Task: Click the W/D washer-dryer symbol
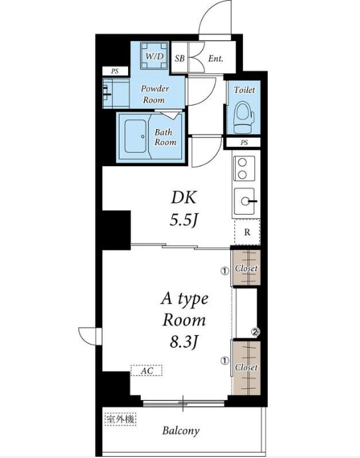click(154, 56)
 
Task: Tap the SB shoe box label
click(180, 58)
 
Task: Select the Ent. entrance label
click(215, 58)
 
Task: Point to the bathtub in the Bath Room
click(135, 136)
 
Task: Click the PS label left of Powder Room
click(115, 71)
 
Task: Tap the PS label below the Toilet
click(244, 142)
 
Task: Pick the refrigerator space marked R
click(247, 232)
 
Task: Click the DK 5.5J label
click(183, 209)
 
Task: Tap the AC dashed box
click(146, 371)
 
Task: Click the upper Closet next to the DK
click(246, 268)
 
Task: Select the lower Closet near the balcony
click(246, 368)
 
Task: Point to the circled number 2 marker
click(256, 332)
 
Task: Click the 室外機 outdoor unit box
click(120, 419)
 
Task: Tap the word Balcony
click(181, 431)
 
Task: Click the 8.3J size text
click(184, 342)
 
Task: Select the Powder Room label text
click(155, 94)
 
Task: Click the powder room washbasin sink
click(108, 94)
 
